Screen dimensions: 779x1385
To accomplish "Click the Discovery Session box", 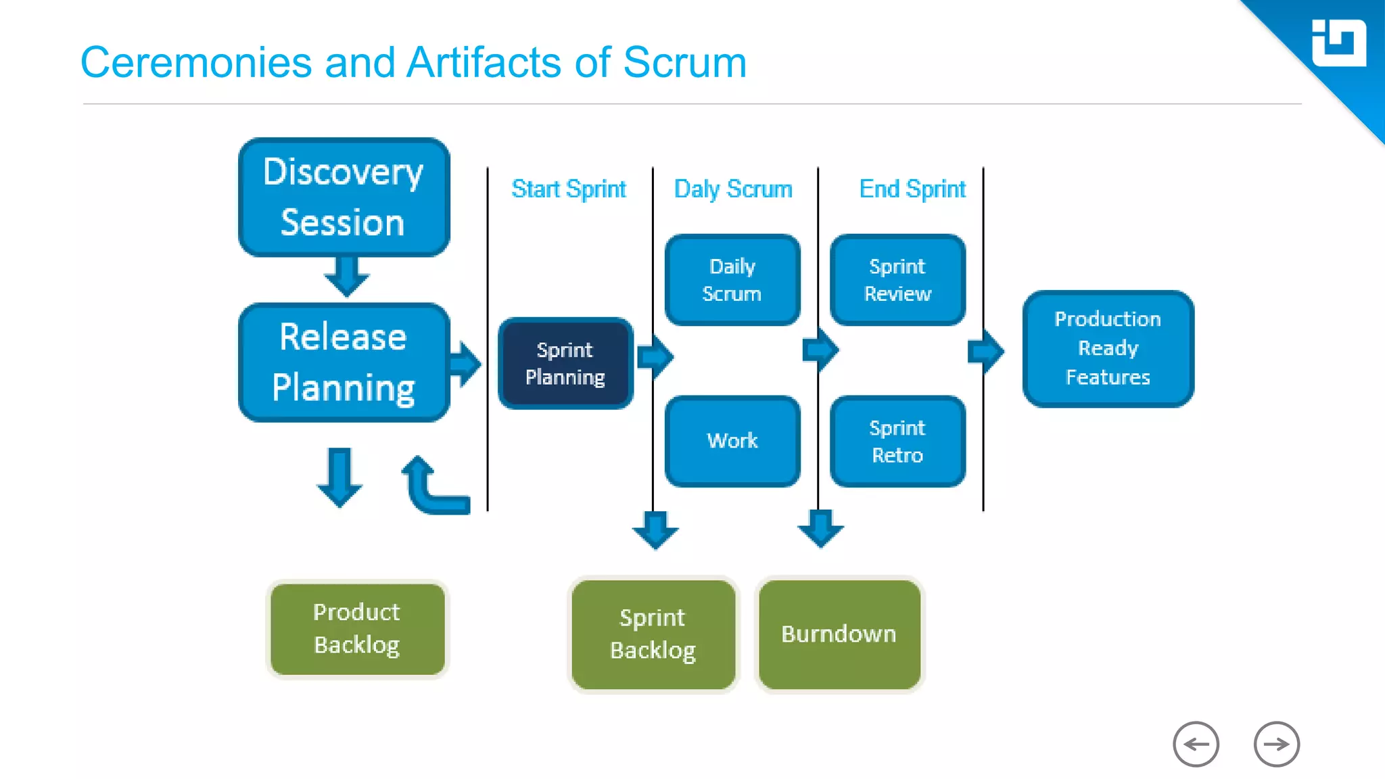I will [344, 197].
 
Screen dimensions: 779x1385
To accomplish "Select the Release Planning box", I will [344, 362].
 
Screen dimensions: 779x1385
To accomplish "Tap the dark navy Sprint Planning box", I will [565, 364].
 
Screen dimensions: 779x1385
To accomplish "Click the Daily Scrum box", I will [732, 280].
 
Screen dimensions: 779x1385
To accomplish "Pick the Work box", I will [732, 441].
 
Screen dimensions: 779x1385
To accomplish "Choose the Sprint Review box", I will [897, 280].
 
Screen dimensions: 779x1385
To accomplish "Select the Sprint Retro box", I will [897, 441].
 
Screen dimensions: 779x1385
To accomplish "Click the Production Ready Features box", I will [1108, 348].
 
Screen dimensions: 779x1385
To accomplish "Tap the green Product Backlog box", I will [357, 629].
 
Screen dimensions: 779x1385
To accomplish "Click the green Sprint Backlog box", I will [653, 634].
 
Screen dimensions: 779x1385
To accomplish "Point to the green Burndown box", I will [839, 634].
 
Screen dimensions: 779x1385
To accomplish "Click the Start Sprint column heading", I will [569, 189].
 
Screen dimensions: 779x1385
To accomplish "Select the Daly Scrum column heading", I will [733, 189].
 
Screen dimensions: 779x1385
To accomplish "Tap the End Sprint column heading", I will [912, 189].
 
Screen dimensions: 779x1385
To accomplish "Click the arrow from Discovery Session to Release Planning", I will [346, 276].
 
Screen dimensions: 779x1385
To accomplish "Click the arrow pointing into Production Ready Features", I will [986, 351].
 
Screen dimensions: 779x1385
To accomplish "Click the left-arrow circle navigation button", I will [1196, 745].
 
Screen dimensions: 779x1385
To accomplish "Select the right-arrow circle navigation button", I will [1276, 745].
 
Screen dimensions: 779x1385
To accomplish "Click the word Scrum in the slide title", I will [684, 63].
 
